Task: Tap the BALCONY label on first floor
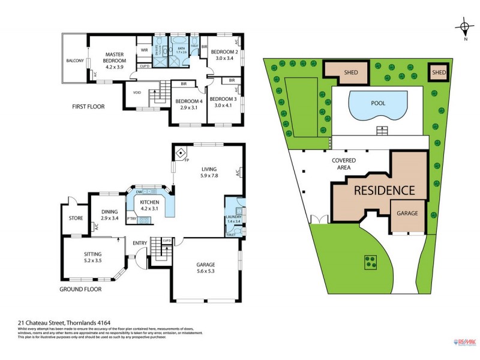coord(75,61)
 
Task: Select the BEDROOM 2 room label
coord(224,52)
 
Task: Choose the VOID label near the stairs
coord(137,92)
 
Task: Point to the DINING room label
coord(109,211)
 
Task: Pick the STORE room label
coord(76,218)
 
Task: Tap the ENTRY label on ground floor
coord(140,243)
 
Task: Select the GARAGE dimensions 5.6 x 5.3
coord(205,271)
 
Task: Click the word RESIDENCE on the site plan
coord(384,191)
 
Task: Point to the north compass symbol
coord(464,27)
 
